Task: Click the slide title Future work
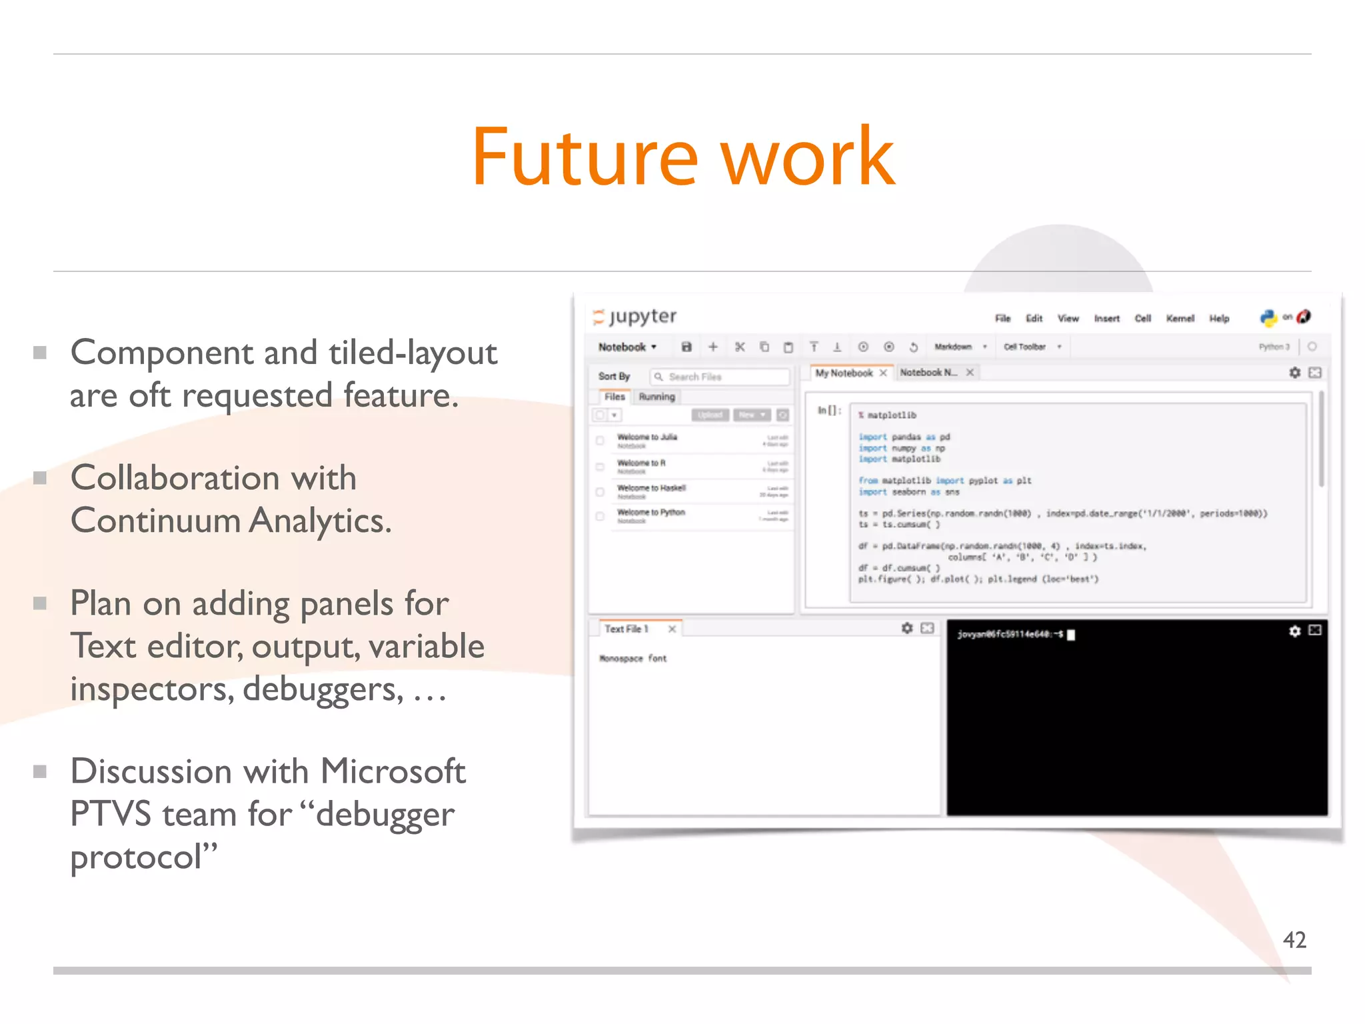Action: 682,157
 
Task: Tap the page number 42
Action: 1294,940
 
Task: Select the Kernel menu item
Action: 1180,319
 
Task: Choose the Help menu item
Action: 1219,319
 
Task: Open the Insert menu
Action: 1106,319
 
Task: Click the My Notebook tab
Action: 844,373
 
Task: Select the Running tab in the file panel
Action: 657,397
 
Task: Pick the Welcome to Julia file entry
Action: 647,437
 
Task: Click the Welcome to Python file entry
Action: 651,513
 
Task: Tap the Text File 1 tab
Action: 626,629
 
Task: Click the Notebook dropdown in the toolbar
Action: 627,347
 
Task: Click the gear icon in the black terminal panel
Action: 1294,631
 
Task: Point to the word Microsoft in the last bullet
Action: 393,771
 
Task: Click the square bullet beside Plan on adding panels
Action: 40,603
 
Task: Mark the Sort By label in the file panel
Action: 614,377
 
